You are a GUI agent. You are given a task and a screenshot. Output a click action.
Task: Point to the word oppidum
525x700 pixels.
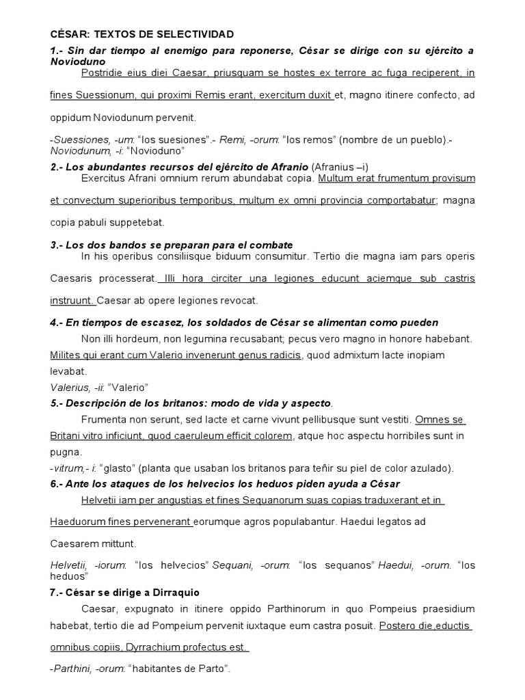[70, 118]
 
